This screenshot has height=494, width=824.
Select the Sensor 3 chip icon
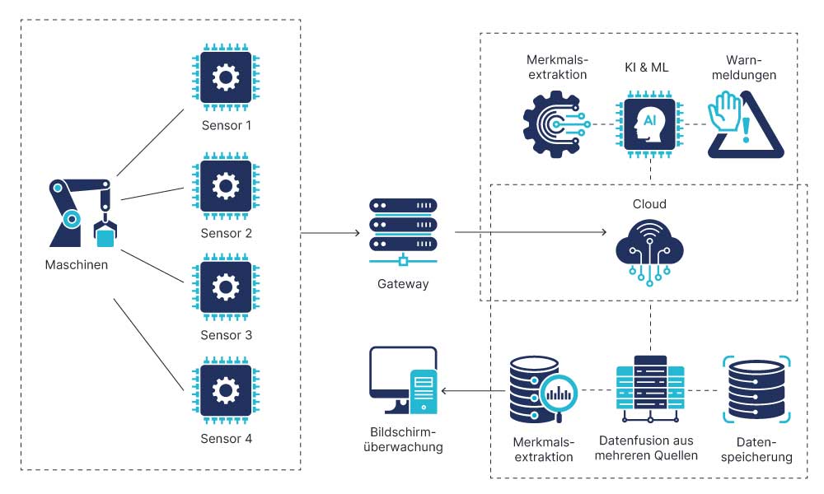tap(225, 287)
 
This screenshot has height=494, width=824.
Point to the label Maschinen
tap(77, 265)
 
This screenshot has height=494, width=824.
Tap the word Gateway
tap(403, 284)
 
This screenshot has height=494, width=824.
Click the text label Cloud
tap(650, 204)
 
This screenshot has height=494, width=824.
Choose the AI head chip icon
tap(650, 124)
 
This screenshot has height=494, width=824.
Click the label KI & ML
tap(647, 68)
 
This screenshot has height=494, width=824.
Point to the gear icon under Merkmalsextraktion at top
tap(555, 124)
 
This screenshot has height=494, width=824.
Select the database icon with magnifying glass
tap(540, 389)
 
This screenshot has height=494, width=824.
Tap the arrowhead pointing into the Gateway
tap(356, 234)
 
